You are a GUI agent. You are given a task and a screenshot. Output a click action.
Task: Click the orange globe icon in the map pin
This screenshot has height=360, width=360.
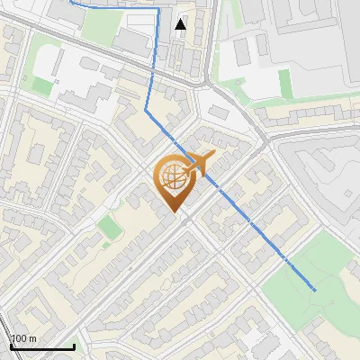coord(175,177)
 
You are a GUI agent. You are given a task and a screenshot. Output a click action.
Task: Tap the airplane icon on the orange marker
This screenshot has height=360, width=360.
coord(200,163)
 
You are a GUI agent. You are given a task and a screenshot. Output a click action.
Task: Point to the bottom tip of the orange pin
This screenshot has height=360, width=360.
coord(175,213)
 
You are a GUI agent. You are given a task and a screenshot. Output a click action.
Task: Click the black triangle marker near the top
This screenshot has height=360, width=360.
coord(181,24)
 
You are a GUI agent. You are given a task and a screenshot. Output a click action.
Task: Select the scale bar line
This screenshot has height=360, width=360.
coord(42,346)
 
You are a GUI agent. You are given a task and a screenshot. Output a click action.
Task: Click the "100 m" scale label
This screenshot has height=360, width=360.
coord(24,338)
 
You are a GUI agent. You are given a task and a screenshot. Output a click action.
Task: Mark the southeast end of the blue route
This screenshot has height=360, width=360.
coord(315,291)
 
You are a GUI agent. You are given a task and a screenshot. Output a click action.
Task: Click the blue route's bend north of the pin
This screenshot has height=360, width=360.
coord(147,110)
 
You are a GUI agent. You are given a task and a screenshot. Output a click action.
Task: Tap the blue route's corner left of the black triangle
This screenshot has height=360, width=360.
coord(160,10)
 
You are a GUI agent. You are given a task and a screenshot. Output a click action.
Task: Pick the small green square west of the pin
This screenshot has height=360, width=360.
coord(110,227)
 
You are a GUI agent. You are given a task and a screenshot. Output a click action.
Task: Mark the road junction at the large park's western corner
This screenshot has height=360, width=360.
coord(263,286)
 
